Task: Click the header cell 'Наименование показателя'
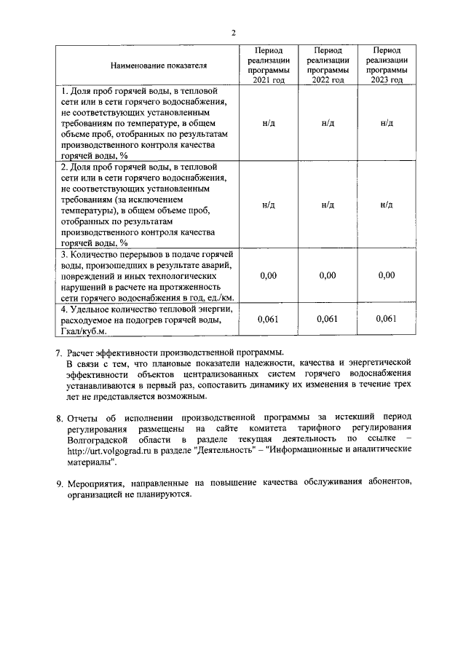pos(159,65)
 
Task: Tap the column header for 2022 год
pos(328,65)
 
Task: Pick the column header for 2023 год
pos(387,65)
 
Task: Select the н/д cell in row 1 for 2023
pos(387,123)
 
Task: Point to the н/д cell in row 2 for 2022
pos(328,205)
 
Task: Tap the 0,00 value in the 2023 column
pos(387,275)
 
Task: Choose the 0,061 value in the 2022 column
pos(328,319)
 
